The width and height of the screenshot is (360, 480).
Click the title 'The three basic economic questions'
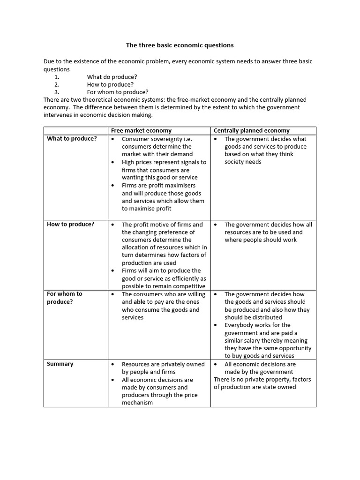point(180,45)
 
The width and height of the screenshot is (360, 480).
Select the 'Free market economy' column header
point(141,130)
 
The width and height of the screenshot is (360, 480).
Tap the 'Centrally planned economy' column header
point(251,130)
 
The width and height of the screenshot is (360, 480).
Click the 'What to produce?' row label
point(72,139)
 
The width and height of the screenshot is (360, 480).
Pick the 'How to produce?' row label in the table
point(70,224)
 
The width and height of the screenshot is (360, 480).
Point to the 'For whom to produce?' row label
point(64,298)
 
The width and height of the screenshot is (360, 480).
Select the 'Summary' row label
point(60,364)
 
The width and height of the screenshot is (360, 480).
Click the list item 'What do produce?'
point(112,77)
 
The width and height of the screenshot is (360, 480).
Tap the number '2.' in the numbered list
point(57,84)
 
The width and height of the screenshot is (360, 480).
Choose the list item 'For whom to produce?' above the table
point(118,92)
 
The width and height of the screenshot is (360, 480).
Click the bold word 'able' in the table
point(140,302)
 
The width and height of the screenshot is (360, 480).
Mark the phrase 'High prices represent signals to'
point(164,162)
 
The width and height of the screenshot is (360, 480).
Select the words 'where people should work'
point(261,240)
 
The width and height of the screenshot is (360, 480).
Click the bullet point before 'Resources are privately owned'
point(113,364)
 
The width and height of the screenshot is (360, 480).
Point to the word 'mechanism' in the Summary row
point(137,402)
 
